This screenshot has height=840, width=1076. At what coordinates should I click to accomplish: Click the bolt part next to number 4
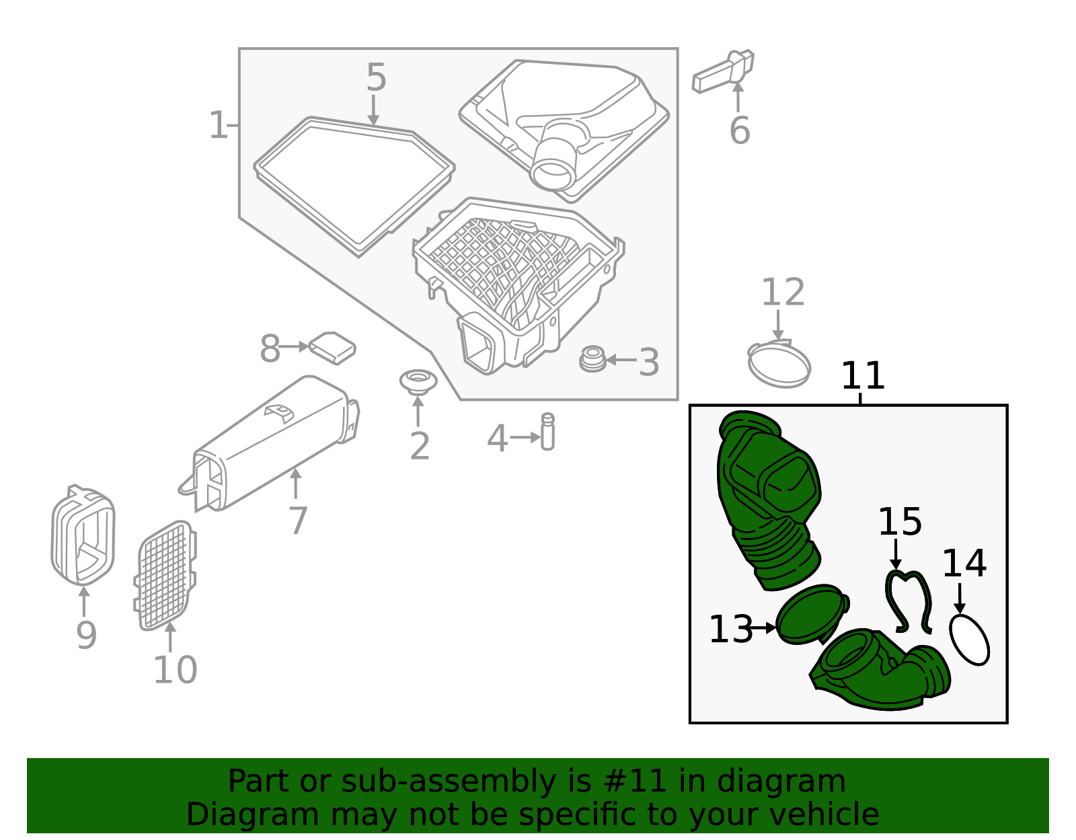coord(547,432)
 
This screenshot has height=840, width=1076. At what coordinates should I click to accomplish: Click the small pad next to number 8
coord(332,347)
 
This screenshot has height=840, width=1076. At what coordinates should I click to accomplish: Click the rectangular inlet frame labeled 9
coord(83,535)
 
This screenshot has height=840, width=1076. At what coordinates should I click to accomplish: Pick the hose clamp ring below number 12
coord(779,365)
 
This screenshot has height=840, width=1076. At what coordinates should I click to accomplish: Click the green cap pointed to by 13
coord(808,614)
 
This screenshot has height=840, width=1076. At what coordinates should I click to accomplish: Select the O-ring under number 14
coord(969,640)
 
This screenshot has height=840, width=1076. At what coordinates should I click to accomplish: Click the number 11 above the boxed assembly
coord(863,376)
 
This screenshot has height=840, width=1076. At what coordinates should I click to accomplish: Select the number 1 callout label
coord(218,126)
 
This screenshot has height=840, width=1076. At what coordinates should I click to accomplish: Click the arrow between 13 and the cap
coord(765,627)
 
